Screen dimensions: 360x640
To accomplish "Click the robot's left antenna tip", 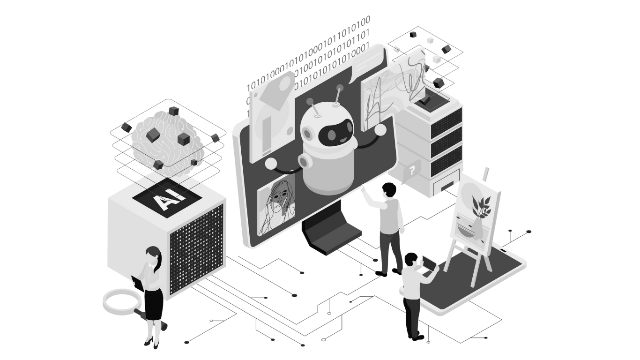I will [x=309, y=101].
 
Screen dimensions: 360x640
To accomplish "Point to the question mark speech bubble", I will [x=412, y=170].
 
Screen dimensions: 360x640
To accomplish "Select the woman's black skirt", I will [x=153, y=304].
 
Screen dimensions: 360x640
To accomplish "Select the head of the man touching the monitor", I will [x=388, y=190].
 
